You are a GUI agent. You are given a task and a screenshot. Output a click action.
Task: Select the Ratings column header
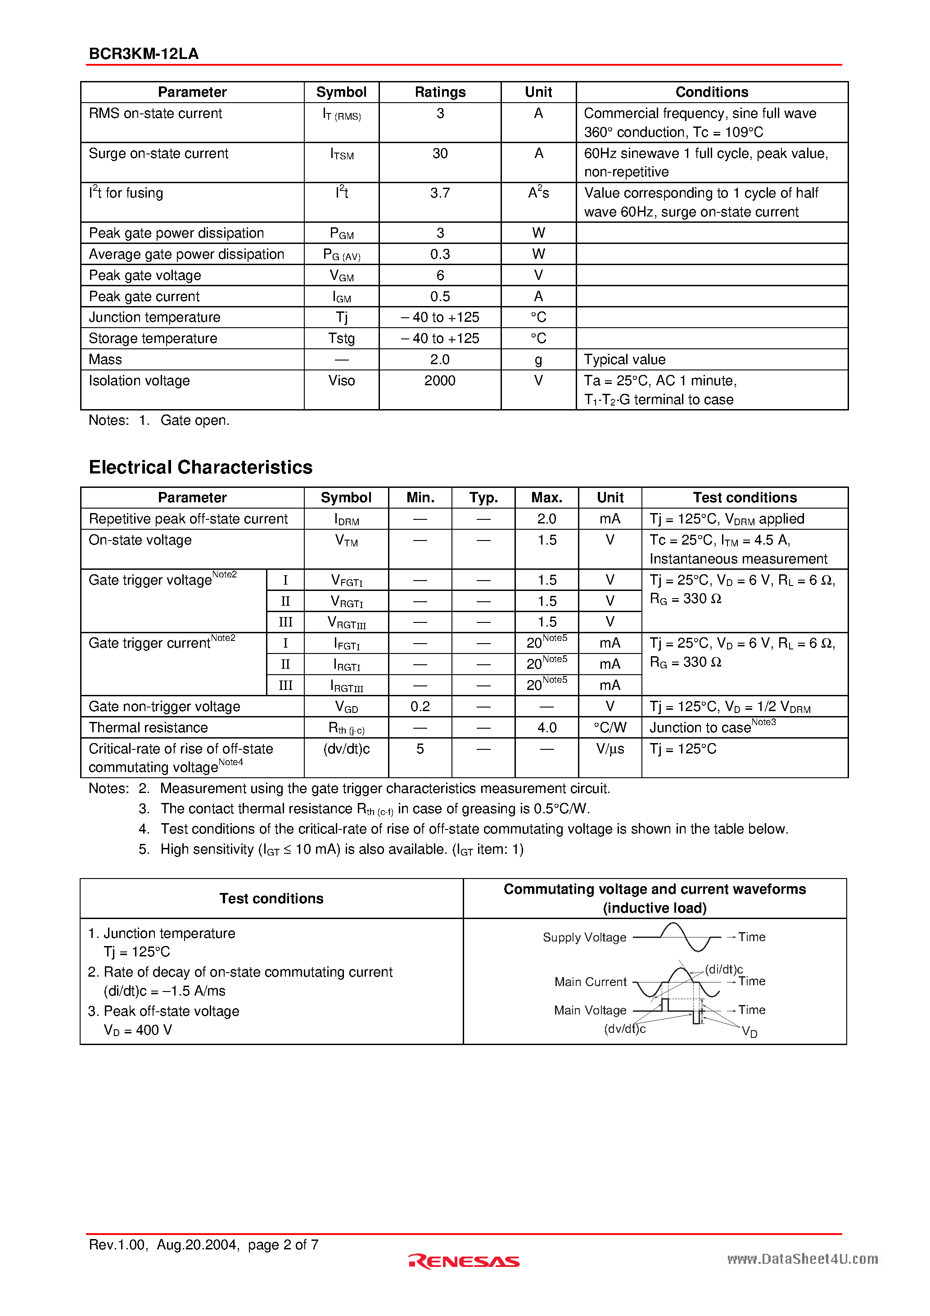(440, 92)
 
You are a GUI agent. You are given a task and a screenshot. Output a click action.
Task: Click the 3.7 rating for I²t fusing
(440, 193)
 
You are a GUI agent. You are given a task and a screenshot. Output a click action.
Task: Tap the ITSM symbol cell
(342, 154)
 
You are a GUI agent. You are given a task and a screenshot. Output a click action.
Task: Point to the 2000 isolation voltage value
(440, 381)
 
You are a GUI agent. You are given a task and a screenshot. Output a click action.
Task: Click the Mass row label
(105, 359)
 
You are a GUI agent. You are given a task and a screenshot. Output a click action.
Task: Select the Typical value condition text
(624, 359)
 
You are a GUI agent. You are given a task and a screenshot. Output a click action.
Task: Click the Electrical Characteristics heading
(201, 467)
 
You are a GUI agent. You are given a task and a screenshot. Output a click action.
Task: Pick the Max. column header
(546, 497)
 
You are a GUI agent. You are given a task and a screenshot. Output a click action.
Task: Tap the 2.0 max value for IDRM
(546, 519)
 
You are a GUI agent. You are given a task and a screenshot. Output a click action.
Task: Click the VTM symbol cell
(346, 541)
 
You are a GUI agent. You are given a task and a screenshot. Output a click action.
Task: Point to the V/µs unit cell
(609, 749)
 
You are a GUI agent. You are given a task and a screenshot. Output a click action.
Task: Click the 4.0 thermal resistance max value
(546, 728)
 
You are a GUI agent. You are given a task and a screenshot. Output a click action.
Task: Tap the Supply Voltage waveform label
(584, 937)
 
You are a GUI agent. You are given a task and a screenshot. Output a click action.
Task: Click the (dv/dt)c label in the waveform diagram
(624, 1029)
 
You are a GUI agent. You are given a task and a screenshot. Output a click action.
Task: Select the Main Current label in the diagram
(591, 982)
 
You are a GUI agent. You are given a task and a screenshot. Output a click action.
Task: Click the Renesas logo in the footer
(464, 1261)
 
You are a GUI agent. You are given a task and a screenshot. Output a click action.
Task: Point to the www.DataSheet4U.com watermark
(802, 1259)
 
